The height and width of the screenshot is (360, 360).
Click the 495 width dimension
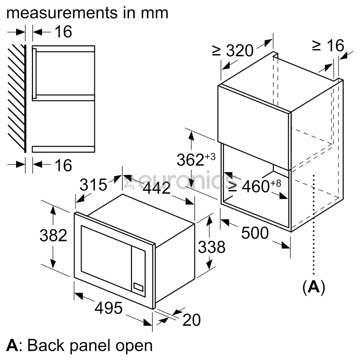(109, 308)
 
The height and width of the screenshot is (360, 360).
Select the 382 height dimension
(53, 235)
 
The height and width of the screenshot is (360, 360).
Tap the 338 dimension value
(212, 247)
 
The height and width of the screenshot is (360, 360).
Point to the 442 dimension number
(157, 188)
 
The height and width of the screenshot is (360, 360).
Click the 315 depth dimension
(93, 184)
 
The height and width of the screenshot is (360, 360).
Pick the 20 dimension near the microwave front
(192, 320)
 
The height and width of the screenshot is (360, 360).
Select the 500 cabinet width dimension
(255, 233)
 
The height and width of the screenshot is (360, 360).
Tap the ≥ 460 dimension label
(255, 185)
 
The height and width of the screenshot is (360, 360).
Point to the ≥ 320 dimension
(233, 51)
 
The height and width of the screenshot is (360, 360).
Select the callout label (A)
(313, 286)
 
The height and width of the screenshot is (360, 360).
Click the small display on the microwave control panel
(138, 286)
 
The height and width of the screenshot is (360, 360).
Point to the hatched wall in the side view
(17, 97)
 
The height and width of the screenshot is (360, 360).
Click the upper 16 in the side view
(63, 32)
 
